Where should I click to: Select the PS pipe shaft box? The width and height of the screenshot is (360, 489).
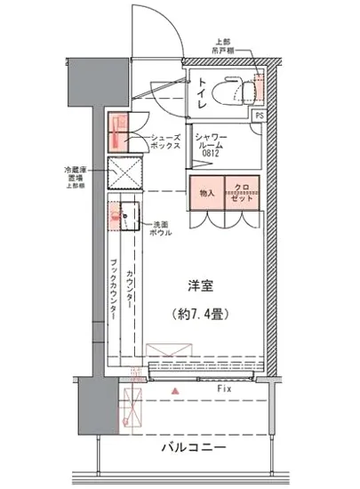coord(259,116)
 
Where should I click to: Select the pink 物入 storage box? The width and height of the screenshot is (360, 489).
coord(206,193)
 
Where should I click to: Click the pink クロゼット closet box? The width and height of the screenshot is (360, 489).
coord(242,193)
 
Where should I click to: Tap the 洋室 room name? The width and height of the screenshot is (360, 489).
coord(199,286)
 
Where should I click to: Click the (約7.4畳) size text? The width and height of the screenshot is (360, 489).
coord(199,314)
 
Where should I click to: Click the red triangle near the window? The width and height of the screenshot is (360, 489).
coord(176,390)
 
